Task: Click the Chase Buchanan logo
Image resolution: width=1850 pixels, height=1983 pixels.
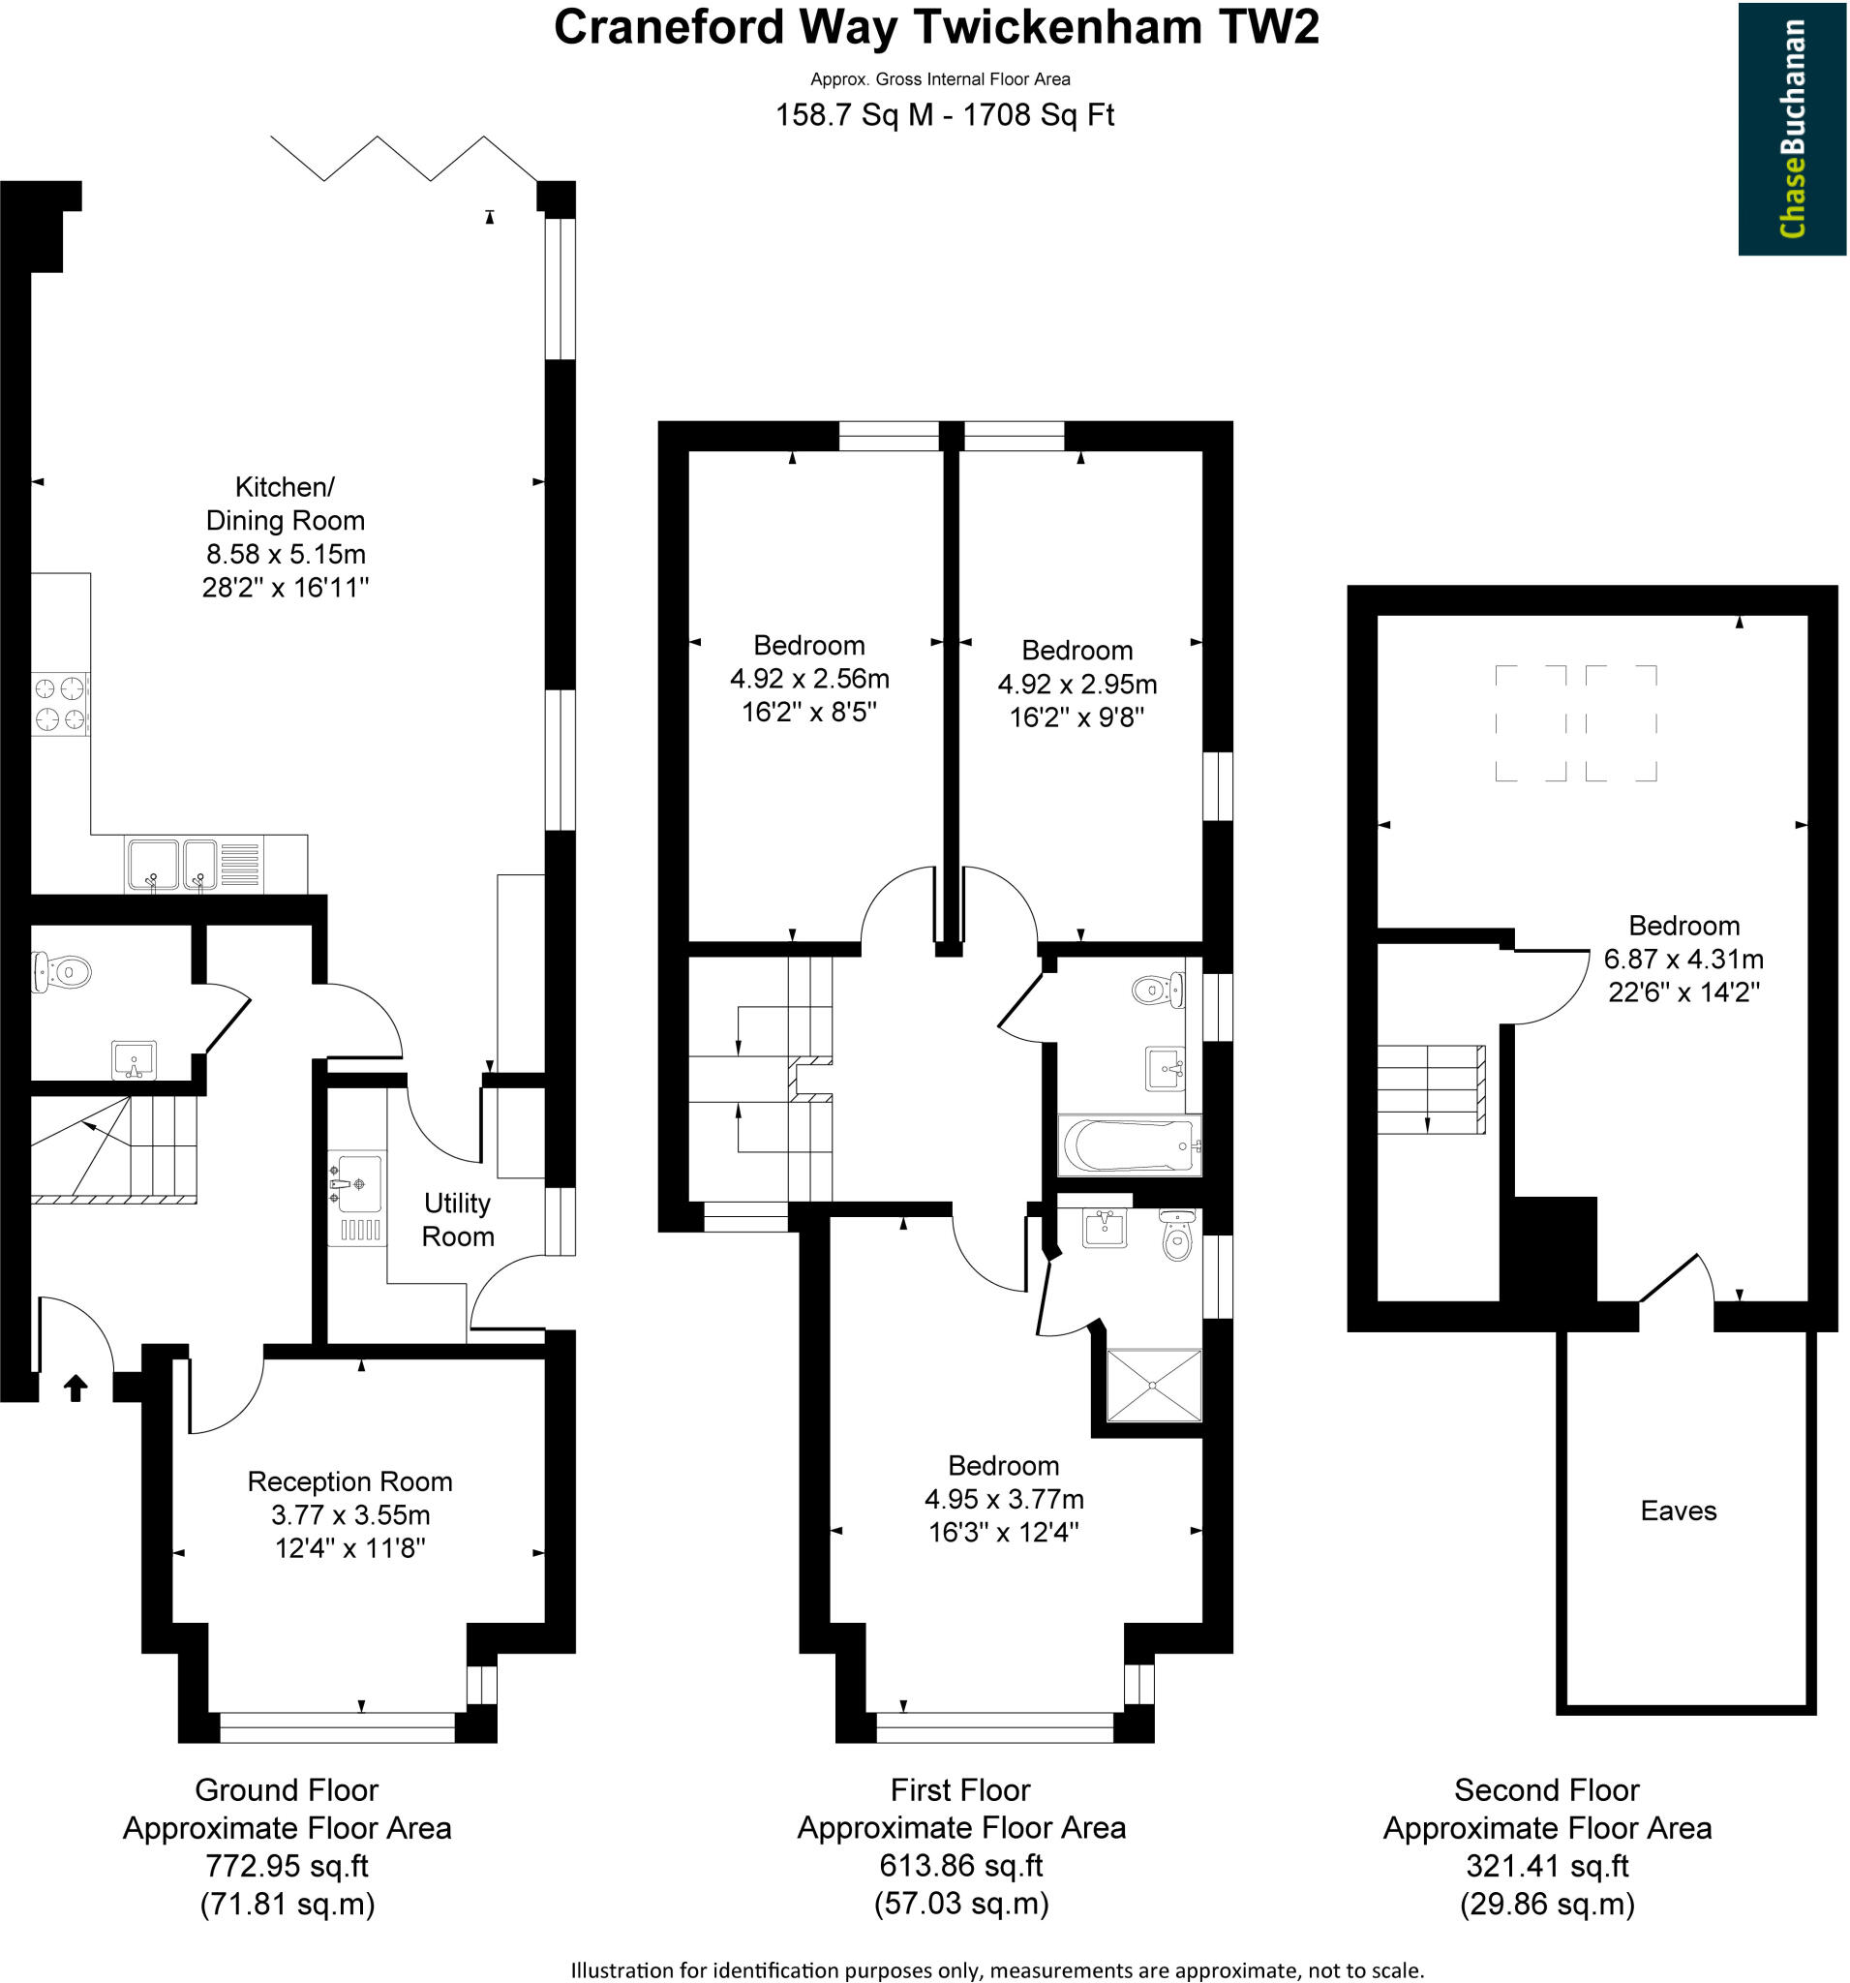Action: (1791, 129)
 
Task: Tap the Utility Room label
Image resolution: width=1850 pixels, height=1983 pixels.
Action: (458, 1220)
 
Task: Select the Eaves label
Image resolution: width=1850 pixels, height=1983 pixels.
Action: (1678, 1510)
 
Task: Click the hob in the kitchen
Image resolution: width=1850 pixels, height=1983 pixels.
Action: (59, 703)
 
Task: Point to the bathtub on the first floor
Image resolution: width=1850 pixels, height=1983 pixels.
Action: (1129, 1145)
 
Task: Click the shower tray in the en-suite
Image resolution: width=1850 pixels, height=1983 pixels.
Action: (1154, 1385)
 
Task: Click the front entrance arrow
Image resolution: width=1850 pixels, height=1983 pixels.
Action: (75, 1388)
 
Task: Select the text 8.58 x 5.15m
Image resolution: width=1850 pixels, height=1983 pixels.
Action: (286, 554)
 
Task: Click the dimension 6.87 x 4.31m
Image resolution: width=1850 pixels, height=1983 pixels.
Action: (1683, 959)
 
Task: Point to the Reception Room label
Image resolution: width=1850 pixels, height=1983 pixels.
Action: (349, 1481)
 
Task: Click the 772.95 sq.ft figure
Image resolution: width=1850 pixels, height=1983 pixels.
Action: (287, 1865)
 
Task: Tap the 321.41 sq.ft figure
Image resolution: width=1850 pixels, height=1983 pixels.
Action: (1546, 1865)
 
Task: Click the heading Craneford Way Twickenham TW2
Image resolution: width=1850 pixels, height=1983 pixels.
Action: (935, 28)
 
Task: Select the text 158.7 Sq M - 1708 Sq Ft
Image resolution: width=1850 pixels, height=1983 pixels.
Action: (944, 116)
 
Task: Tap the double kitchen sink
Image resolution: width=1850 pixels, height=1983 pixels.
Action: (170, 864)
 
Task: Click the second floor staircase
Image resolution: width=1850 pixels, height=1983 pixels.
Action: (1430, 1088)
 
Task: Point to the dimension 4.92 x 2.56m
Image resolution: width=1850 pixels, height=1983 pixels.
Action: (808, 679)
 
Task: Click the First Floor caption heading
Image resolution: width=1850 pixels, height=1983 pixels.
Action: (959, 1789)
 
